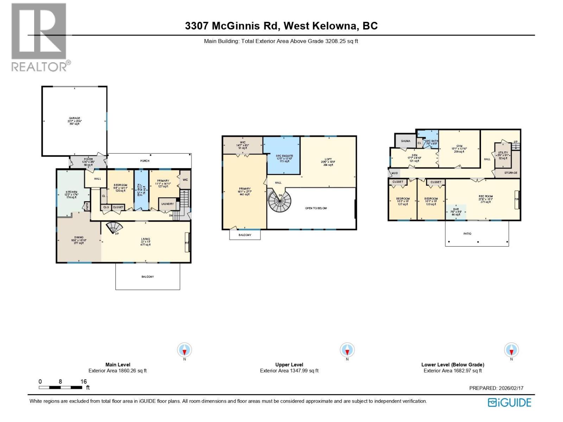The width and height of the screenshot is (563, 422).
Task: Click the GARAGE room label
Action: pos(74,119)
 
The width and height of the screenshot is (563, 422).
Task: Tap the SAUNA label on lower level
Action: pos(405,141)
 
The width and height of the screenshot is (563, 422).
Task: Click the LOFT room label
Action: pos(328,159)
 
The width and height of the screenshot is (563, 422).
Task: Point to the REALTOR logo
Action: pos(39,37)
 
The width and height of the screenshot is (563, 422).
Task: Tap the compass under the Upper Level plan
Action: pos(347,350)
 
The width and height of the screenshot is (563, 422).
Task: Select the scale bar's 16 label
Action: pos(83,382)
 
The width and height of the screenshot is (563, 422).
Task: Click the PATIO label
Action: pos(467,234)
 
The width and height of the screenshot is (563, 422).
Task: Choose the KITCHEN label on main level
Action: pos(71,192)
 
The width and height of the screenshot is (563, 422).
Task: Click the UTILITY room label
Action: pos(503,153)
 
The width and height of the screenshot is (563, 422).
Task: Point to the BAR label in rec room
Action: pos(456,209)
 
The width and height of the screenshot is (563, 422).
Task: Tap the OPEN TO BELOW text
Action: pos(316,208)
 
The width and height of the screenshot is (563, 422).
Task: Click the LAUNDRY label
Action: pos(167,204)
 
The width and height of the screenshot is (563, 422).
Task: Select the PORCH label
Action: pos(145,161)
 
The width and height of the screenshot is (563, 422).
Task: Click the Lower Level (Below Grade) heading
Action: pos(453,365)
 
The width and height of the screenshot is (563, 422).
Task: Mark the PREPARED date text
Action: pos(496,388)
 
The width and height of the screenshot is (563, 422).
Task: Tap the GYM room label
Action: pos(459,146)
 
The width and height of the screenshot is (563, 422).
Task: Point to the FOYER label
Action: pos(88,159)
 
